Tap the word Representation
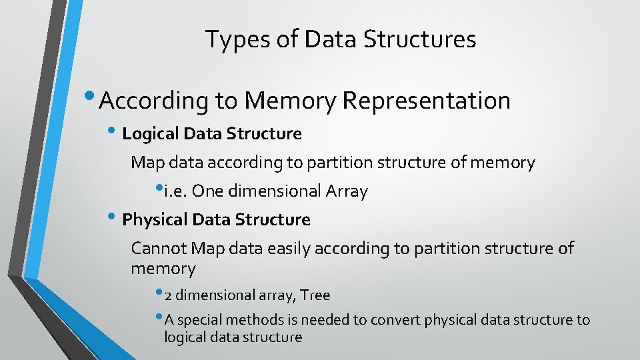coord(426,101)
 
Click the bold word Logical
coord(147,134)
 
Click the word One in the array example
coord(208,191)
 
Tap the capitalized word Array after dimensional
coord(347,191)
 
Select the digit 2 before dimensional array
coord(168,295)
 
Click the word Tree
coord(315,295)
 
